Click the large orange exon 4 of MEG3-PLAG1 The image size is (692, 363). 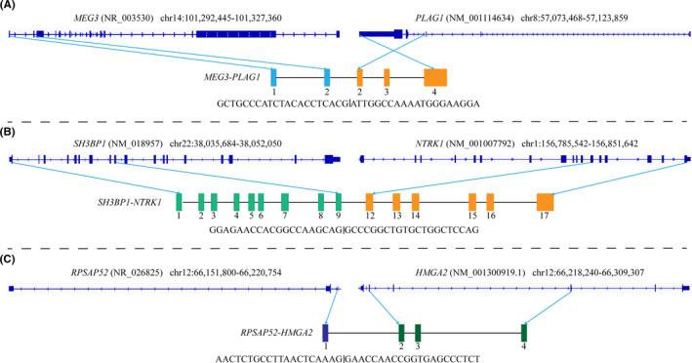tap(435, 78)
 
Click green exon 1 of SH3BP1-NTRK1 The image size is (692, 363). tap(180, 202)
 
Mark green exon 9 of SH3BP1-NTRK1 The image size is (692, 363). tap(339, 202)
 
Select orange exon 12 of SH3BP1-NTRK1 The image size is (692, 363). tap(370, 202)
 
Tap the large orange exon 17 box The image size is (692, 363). tap(545, 202)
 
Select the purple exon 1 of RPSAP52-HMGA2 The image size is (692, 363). tap(325, 332)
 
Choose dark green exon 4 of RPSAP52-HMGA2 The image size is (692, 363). tap(524, 332)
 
